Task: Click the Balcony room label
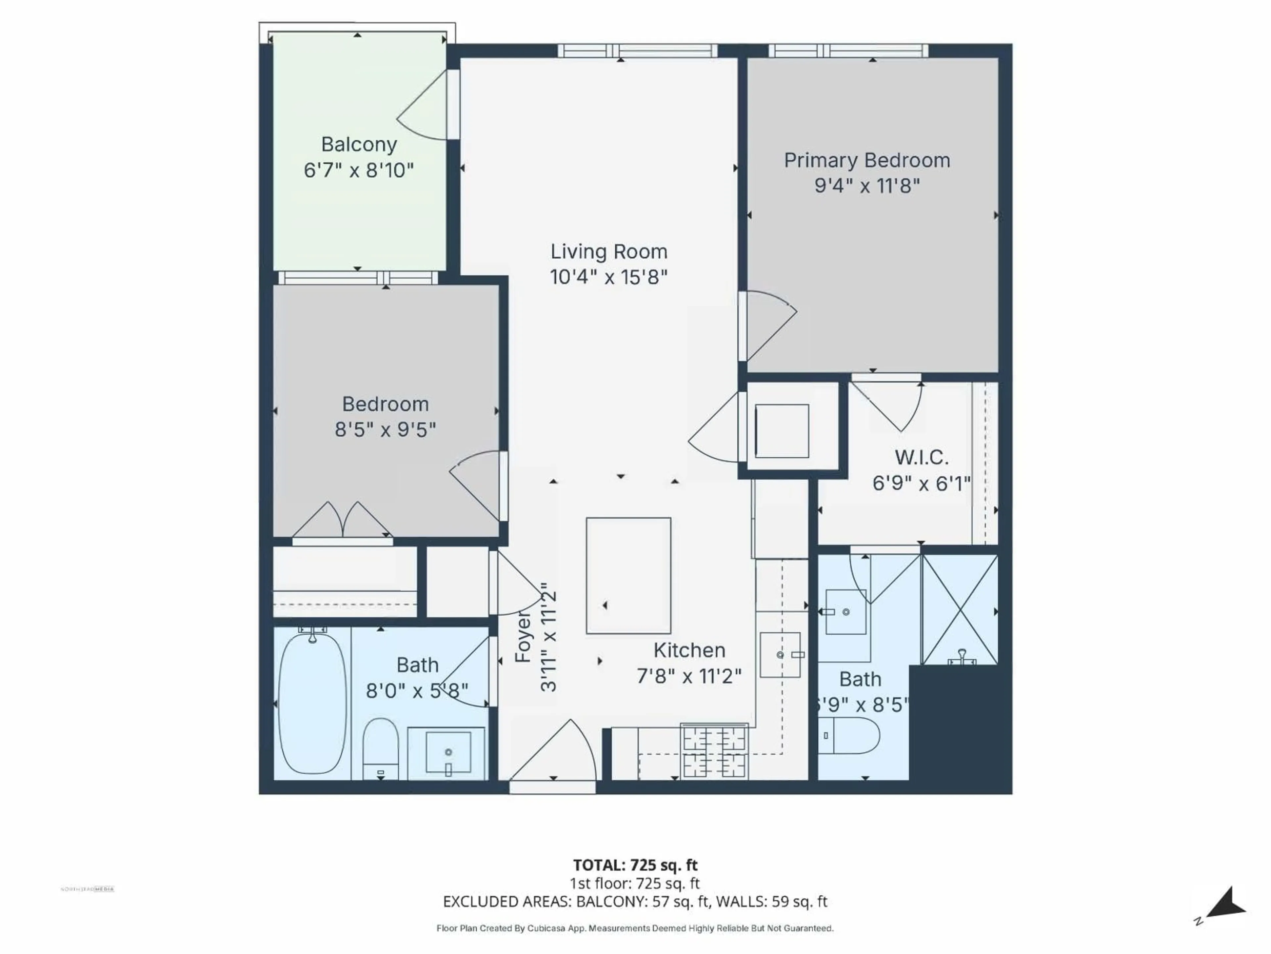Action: (x=358, y=144)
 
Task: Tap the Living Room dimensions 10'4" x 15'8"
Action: (x=608, y=277)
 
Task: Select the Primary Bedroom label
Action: (x=867, y=160)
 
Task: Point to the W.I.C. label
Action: (x=921, y=458)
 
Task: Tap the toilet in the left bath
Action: (x=380, y=748)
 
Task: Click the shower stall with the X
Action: (x=960, y=609)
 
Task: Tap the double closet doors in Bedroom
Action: (x=343, y=520)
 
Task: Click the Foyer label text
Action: (x=523, y=637)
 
